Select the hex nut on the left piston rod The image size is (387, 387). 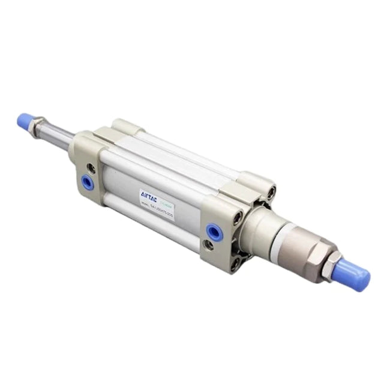(x=39, y=126)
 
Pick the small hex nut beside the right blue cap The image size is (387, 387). (x=334, y=263)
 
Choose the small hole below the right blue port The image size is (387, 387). (x=208, y=245)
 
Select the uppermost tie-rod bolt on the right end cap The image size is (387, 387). (x=271, y=193)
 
